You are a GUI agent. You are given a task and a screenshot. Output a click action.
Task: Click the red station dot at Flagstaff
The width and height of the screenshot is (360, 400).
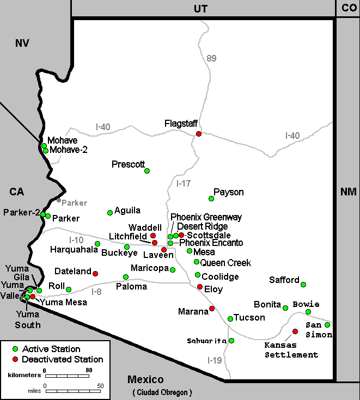click(x=199, y=134)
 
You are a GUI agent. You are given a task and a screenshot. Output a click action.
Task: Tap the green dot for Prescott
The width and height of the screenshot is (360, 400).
click(x=147, y=171)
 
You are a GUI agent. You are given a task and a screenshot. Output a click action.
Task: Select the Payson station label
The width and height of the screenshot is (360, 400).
click(x=228, y=192)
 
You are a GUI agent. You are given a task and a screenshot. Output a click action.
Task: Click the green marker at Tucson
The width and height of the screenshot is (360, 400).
click(x=230, y=319)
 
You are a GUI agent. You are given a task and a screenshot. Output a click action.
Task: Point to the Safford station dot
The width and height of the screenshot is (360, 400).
click(x=303, y=285)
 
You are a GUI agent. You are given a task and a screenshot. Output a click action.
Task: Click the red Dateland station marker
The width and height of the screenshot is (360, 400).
click(x=95, y=273)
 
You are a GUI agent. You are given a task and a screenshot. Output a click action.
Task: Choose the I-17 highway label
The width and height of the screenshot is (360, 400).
click(x=184, y=183)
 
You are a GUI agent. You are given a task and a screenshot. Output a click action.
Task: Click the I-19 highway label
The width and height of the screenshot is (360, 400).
click(x=215, y=360)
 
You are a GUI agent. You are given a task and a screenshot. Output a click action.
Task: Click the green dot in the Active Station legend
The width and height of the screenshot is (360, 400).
click(x=16, y=349)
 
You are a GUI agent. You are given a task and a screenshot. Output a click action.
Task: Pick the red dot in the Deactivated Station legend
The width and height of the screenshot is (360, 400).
click(x=16, y=359)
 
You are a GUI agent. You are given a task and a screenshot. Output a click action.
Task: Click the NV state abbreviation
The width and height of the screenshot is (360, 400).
click(x=22, y=44)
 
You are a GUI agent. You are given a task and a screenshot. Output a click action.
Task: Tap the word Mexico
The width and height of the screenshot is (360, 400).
click(x=146, y=379)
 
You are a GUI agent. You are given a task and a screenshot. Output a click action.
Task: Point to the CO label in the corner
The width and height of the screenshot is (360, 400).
click(x=348, y=8)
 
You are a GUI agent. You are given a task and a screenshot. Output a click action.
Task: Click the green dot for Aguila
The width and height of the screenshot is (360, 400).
click(x=110, y=213)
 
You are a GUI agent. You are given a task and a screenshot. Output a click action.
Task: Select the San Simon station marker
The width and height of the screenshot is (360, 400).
click(x=327, y=325)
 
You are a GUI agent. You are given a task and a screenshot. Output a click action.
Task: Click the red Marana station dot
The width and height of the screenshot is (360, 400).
click(x=212, y=309)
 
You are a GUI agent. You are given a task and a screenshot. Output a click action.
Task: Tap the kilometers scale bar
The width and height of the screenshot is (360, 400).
click(x=66, y=376)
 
